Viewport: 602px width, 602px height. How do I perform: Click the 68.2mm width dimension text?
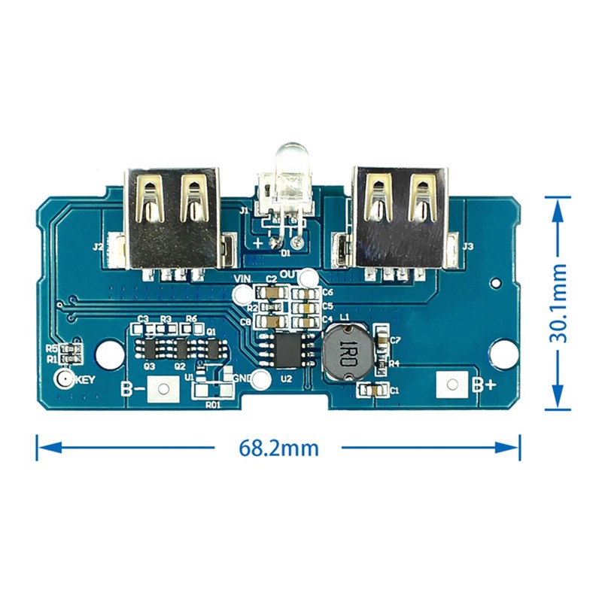(278, 448)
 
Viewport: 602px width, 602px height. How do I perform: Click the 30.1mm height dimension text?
(558, 303)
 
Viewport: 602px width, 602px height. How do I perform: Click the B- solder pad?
(163, 389)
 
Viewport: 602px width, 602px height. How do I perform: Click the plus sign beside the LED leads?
(258, 242)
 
